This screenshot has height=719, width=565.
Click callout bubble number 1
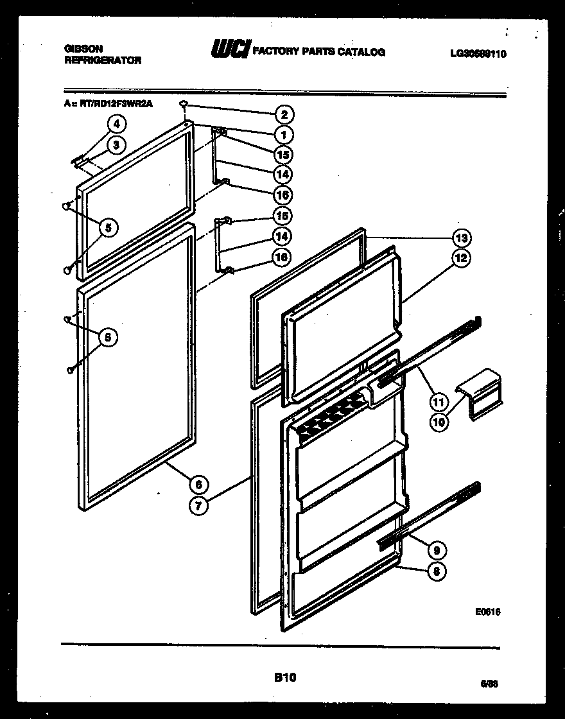283,135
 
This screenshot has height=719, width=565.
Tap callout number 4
116,125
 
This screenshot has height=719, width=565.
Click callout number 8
437,571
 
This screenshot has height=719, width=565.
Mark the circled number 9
437,550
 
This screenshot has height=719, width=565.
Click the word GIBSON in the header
84,48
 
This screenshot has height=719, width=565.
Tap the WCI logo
230,50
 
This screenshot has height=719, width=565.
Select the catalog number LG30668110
478,54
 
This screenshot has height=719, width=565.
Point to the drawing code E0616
488,612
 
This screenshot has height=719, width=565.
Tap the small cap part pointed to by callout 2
184,104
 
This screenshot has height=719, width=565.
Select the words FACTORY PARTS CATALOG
319,52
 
